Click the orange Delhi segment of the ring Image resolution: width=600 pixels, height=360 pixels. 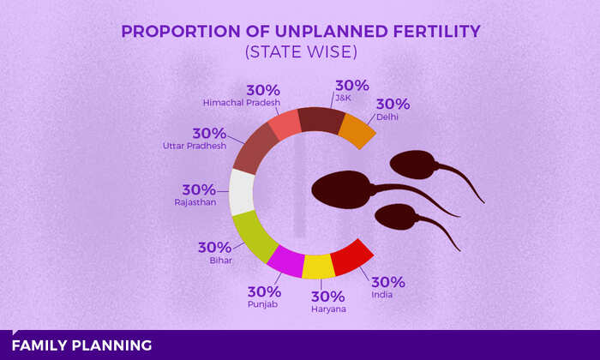pyautogui.click(x=357, y=129)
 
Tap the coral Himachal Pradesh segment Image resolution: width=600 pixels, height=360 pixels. pyautogui.click(x=285, y=125)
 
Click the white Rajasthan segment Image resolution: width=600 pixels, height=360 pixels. pyautogui.click(x=242, y=190)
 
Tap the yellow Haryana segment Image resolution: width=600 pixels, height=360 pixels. pyautogui.click(x=318, y=267)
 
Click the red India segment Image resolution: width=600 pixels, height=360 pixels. pyautogui.click(x=351, y=256)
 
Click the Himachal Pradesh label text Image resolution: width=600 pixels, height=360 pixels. pyautogui.click(x=242, y=103)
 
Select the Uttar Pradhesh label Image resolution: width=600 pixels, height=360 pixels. pyautogui.click(x=195, y=146)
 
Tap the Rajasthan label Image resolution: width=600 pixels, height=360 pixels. pyautogui.click(x=195, y=202)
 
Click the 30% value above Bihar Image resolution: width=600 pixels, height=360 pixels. pyautogui.click(x=214, y=247)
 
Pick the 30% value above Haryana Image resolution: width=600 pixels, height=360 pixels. pyautogui.click(x=327, y=297)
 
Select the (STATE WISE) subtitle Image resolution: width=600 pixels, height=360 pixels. pyautogui.click(x=299, y=52)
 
